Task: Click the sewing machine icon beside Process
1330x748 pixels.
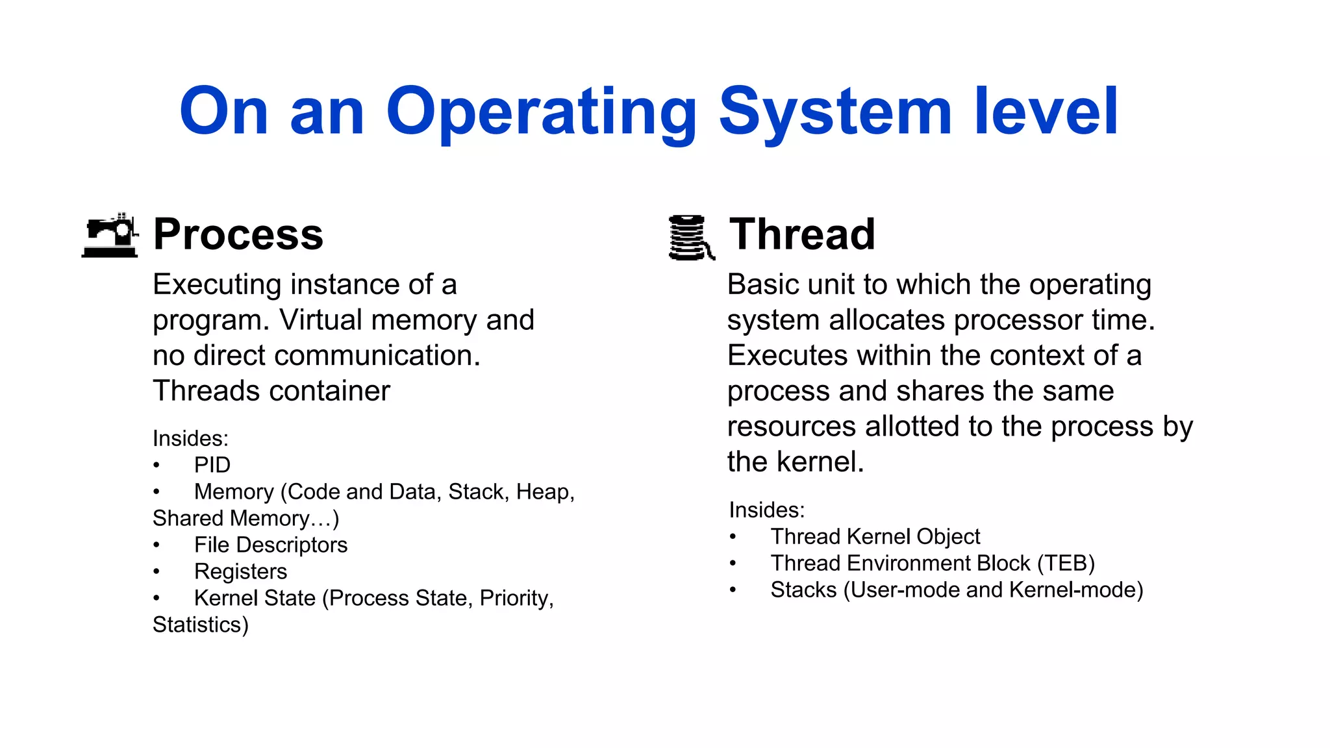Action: [110, 236]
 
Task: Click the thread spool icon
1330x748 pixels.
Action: [690, 238]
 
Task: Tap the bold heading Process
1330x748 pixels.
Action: [238, 234]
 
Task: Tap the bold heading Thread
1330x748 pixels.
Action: [802, 234]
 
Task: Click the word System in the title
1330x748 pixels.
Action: [835, 114]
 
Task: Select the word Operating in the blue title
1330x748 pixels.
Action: [541, 114]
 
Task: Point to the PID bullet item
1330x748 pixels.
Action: [212, 466]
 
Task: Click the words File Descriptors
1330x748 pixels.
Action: [271, 545]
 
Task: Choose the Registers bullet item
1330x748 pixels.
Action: [240, 572]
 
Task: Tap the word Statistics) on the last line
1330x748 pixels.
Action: [201, 625]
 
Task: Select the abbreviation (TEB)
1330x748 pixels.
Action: [1065, 564]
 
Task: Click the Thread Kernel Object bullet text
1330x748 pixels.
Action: [875, 537]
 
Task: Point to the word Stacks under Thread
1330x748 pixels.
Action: [803, 590]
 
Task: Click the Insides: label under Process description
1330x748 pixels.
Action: [190, 439]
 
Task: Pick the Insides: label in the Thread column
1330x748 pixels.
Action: [766, 510]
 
